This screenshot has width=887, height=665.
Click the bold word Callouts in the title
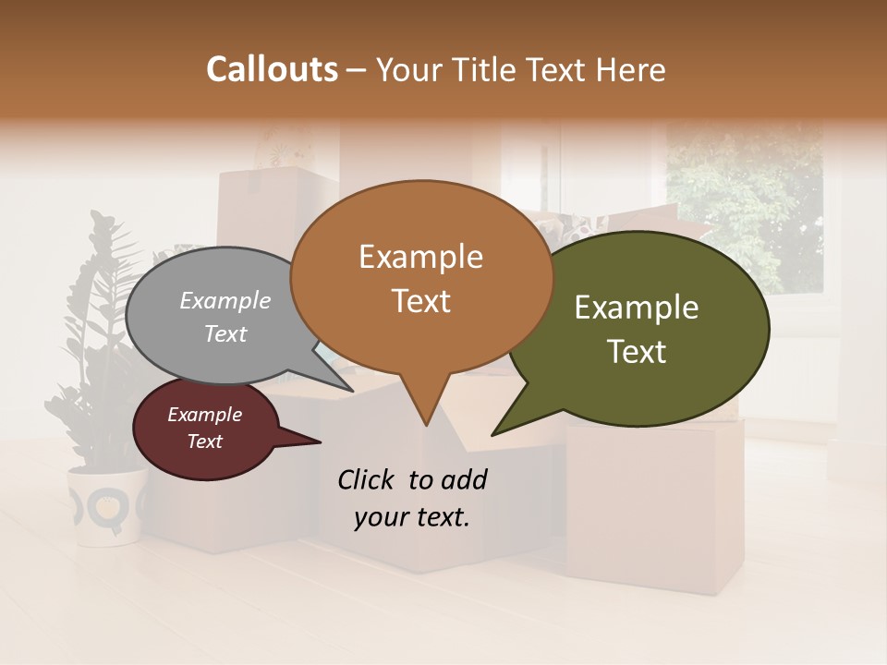click(272, 69)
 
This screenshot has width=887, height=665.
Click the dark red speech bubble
click(205, 429)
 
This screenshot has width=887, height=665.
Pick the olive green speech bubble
click(647, 328)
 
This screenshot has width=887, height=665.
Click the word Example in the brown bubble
click(420, 257)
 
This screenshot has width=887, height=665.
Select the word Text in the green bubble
click(637, 351)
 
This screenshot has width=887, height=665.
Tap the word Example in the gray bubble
click(225, 300)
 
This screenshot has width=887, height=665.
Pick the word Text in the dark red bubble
click(204, 441)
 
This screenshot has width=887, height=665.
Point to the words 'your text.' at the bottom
click(411, 517)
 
